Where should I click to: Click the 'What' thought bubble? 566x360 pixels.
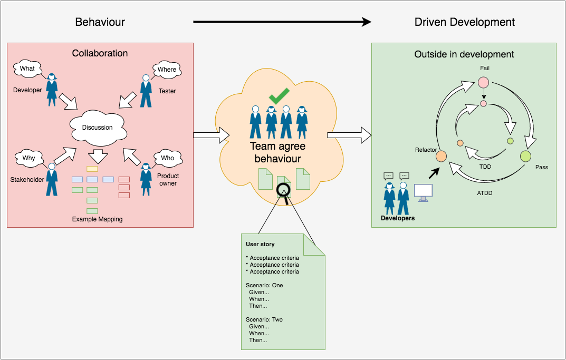tap(27, 69)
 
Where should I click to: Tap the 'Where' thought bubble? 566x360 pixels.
tap(167, 70)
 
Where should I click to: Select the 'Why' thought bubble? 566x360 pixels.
tap(29, 158)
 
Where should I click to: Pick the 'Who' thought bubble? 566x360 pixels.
tap(167, 158)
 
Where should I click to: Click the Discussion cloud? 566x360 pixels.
tap(98, 127)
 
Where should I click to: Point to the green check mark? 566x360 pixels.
tap(279, 96)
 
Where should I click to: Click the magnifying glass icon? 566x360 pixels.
tap(284, 191)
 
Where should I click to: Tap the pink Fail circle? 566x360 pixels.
tap(483, 82)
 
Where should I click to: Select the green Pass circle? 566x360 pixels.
tap(525, 156)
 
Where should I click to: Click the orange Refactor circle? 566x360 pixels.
tap(441, 156)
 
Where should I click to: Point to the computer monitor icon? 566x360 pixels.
tap(423, 193)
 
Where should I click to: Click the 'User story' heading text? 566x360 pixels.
tap(260, 245)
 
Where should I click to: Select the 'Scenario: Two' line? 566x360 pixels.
tap(264, 319)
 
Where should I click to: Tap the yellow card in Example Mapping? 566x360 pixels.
tap(92, 168)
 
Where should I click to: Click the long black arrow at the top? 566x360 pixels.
tap(282, 22)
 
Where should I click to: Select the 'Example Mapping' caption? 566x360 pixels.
tap(97, 219)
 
